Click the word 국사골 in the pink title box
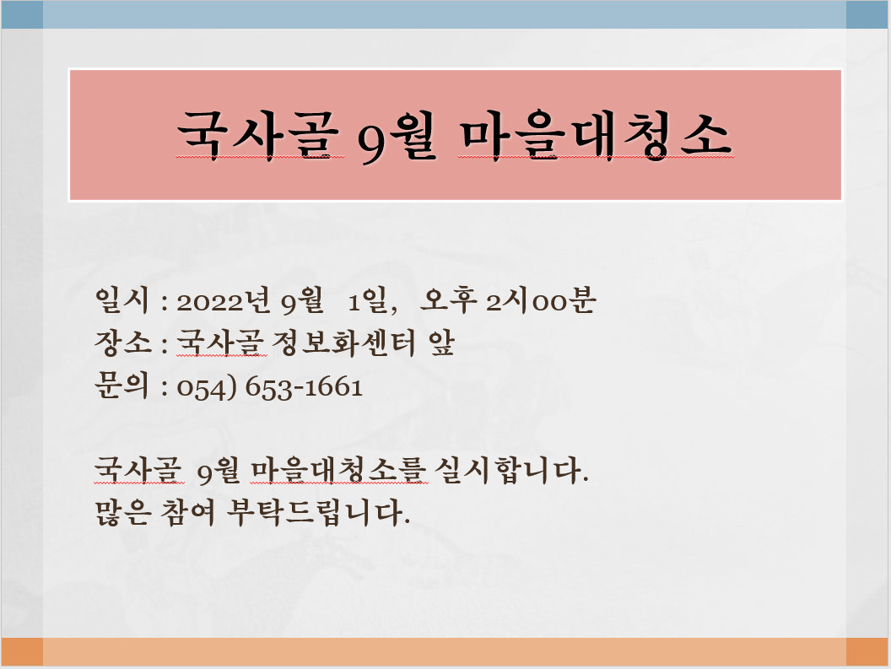click(x=260, y=135)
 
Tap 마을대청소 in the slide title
click(x=596, y=135)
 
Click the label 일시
click(x=121, y=299)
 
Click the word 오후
click(x=448, y=299)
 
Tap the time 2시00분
click(x=540, y=299)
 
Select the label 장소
click(x=122, y=343)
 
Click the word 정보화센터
click(x=344, y=343)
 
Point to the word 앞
click(x=441, y=343)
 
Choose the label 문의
click(x=121, y=386)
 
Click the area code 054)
click(x=206, y=387)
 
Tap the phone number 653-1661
click(x=304, y=387)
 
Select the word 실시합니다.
click(x=511, y=470)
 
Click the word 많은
click(x=122, y=512)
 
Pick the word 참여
click(x=187, y=512)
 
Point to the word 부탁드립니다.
click(x=318, y=512)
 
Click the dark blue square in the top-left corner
click(x=22, y=15)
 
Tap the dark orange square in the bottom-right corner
click(x=867, y=651)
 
